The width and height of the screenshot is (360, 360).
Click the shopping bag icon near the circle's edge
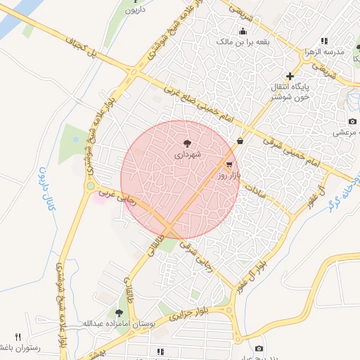[240, 141]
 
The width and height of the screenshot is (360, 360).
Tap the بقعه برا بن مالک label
[243, 41]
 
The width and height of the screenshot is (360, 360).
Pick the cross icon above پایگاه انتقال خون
[289, 76]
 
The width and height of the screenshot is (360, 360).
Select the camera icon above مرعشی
[352, 122]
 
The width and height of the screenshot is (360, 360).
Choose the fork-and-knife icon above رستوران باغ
[18, 337]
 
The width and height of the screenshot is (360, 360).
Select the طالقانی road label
[152, 252]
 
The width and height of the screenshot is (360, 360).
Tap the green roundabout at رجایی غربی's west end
[91, 186]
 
